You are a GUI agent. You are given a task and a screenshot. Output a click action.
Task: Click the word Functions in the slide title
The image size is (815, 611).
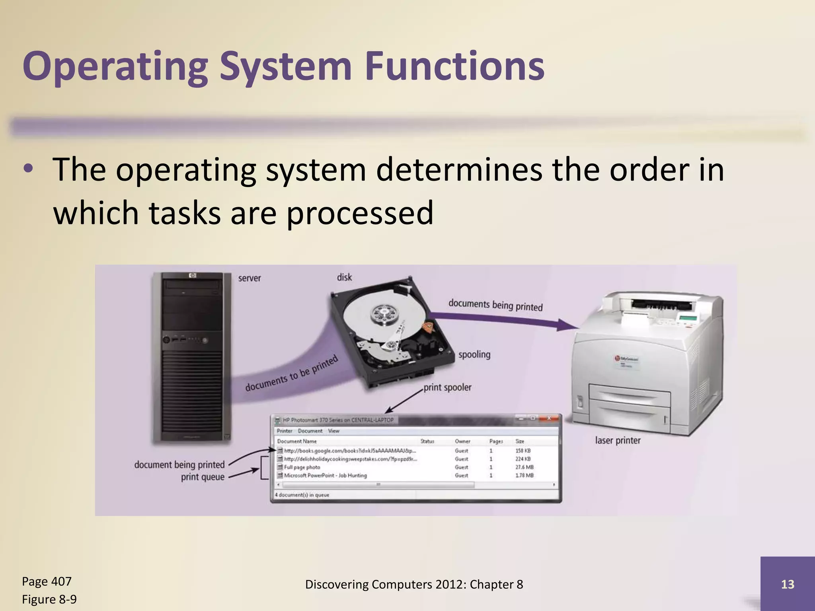tap(454, 66)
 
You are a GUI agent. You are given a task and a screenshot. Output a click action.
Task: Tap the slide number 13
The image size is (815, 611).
tap(788, 584)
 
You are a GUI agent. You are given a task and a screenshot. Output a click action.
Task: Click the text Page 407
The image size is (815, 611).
tap(47, 581)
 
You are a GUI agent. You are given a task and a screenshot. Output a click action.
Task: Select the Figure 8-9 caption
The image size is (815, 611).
tap(49, 599)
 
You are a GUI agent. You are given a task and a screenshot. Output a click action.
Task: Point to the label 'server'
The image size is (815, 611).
tap(250, 278)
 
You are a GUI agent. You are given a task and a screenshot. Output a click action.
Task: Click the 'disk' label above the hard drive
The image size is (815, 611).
tap(344, 277)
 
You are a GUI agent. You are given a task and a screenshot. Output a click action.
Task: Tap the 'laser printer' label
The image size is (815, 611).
tap(618, 440)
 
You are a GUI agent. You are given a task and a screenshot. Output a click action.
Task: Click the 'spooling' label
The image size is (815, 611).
tap(474, 354)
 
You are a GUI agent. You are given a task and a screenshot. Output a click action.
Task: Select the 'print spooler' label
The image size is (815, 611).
tap(447, 387)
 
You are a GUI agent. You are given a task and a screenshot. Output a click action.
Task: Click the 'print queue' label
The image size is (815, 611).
tap(203, 477)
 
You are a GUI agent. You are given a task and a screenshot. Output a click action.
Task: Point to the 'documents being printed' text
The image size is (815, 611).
tap(495, 305)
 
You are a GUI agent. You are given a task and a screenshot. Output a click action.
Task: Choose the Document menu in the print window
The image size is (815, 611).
tap(310, 431)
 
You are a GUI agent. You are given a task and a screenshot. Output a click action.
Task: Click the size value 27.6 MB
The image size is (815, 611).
tap(524, 467)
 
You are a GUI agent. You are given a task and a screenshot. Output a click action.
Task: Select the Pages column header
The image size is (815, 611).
tap(496, 441)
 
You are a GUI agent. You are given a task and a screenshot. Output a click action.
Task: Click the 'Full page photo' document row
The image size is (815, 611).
tap(302, 467)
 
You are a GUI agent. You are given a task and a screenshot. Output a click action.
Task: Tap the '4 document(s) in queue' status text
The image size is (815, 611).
tap(302, 495)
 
